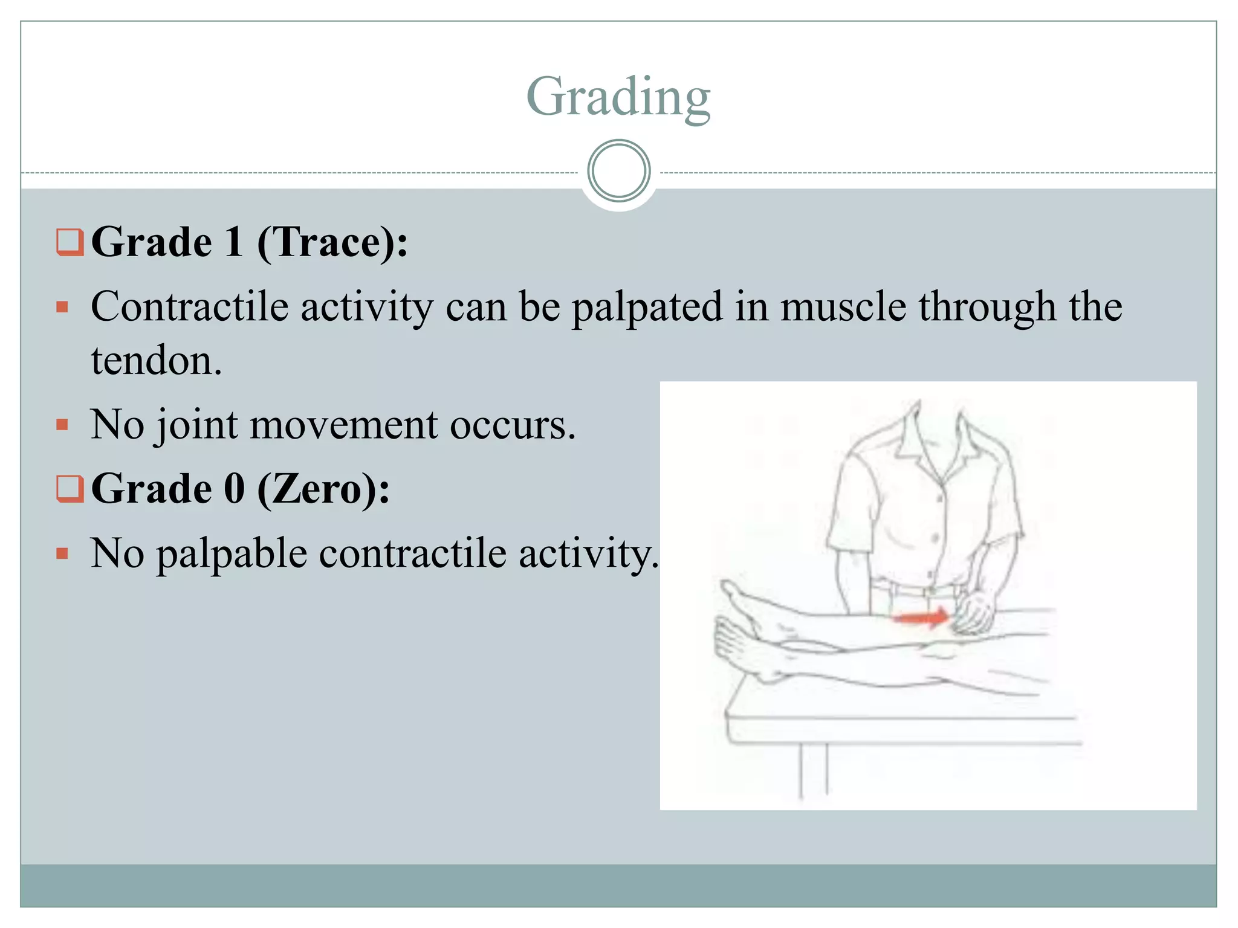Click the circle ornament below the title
click(618, 171)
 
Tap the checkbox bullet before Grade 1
click(70, 242)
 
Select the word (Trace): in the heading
click(332, 242)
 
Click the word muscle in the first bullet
click(843, 306)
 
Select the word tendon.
click(157, 361)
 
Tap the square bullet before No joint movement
click(62, 425)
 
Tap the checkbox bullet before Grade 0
click(70, 489)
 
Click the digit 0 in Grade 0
click(235, 489)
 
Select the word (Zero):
click(323, 489)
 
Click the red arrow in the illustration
click(921, 617)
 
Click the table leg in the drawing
click(814, 770)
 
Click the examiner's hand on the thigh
click(974, 613)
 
